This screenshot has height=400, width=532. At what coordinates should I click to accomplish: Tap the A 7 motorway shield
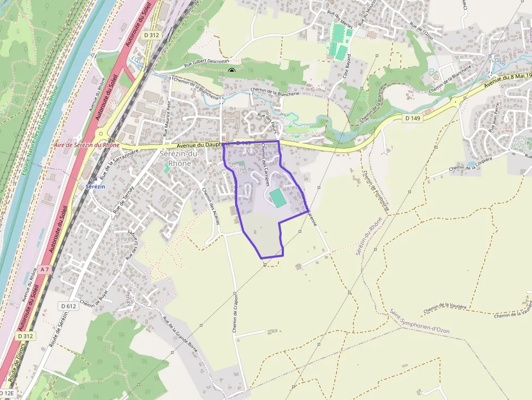coord(45,269)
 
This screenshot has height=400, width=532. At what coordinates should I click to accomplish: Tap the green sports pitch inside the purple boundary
coord(278,198)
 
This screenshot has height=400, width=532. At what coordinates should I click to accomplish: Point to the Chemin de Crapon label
coord(235,315)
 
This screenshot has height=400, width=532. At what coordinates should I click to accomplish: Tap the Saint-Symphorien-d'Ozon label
coord(419,321)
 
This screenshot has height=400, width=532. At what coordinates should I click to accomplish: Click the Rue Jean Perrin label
coord(494,122)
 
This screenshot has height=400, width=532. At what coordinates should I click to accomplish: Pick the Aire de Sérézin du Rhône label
coord(87,145)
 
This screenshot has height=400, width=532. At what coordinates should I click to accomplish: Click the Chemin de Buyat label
coord(93,296)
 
